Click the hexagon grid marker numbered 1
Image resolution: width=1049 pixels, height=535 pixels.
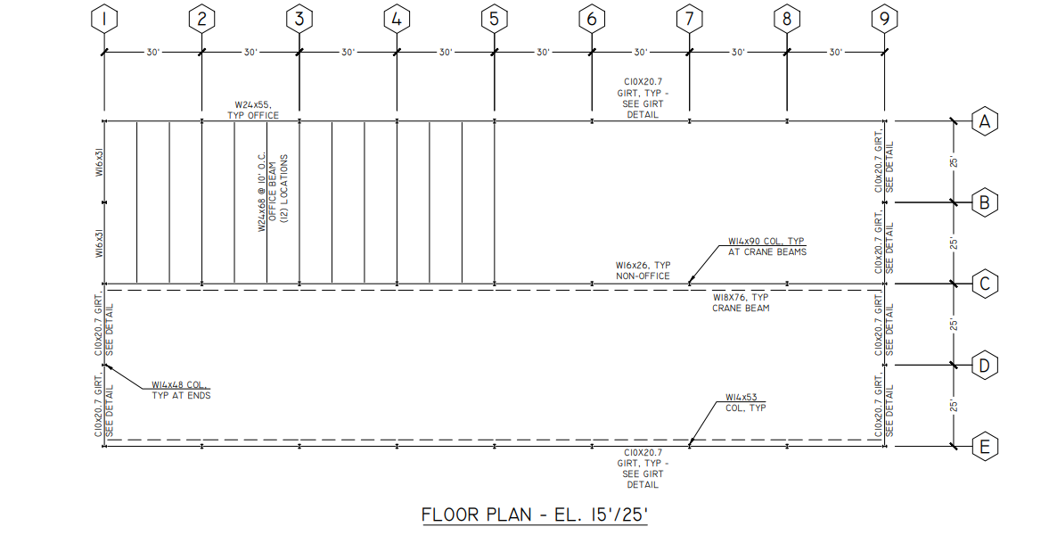[x=105, y=18]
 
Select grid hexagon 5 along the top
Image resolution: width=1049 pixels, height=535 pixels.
[x=494, y=18]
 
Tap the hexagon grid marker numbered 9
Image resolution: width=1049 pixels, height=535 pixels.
[x=883, y=18]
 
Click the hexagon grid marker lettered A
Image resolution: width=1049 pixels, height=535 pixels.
[x=984, y=121]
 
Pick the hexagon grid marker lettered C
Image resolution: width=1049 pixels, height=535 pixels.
[x=984, y=284]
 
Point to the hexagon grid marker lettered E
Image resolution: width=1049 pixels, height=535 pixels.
[x=984, y=447]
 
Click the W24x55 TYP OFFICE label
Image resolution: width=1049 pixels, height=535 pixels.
[x=257, y=110]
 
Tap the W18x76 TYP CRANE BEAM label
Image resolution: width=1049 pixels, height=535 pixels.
[x=741, y=302]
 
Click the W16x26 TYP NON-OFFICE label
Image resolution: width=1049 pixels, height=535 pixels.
[x=643, y=270]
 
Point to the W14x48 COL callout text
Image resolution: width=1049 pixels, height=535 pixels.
[x=181, y=390]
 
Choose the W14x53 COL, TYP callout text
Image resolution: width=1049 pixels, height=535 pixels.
[x=746, y=402]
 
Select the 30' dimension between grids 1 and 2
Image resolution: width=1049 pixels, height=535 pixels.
[x=153, y=53]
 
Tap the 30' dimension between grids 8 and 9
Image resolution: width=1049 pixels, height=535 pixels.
[x=835, y=53]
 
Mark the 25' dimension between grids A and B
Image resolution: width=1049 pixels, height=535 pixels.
[x=954, y=162]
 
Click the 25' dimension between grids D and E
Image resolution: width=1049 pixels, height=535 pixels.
[x=954, y=406]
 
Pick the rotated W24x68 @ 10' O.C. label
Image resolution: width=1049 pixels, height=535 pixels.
[x=274, y=191]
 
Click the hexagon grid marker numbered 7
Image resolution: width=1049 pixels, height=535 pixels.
[x=689, y=18]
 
